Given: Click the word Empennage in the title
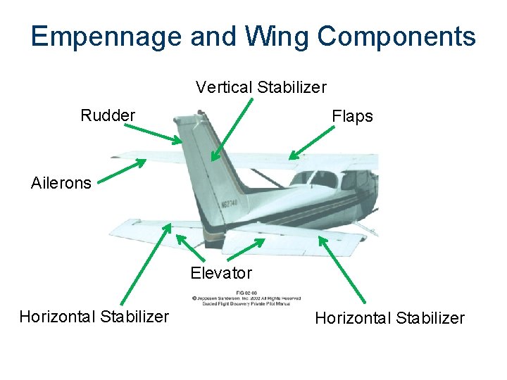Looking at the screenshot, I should (106, 37).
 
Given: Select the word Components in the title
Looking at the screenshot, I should (398, 37).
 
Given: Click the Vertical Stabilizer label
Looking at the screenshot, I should (261, 87).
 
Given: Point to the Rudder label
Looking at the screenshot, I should (108, 115).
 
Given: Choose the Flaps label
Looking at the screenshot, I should (352, 116).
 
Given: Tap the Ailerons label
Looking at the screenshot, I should (61, 183).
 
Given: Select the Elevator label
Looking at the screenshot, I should (221, 273).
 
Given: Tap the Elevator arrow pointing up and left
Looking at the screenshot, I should (188, 246).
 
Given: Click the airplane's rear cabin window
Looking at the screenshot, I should (324, 179).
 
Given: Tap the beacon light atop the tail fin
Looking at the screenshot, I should (201, 111).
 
